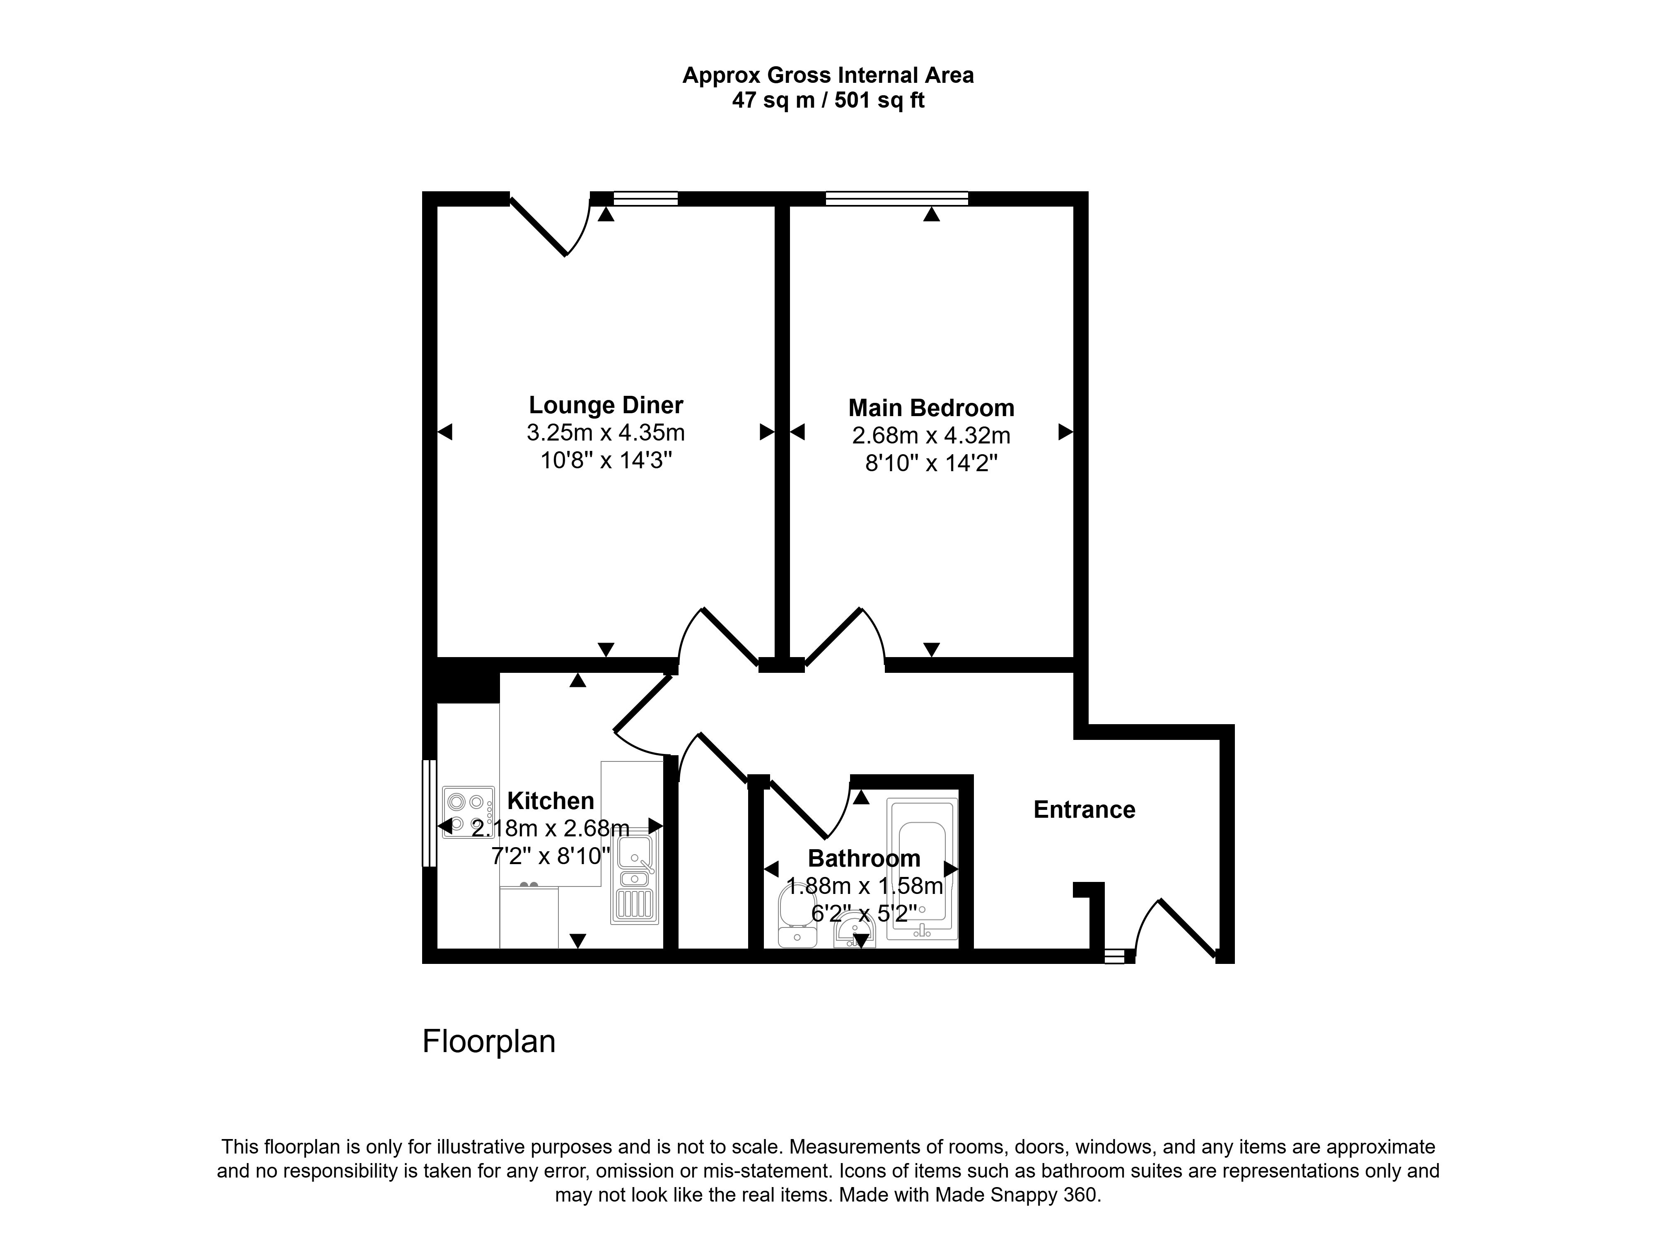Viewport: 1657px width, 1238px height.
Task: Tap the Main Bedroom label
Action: click(x=931, y=408)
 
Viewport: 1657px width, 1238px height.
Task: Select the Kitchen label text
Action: click(x=551, y=801)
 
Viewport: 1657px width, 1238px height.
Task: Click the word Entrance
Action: click(x=1084, y=809)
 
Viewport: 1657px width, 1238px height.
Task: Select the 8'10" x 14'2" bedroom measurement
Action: click(x=931, y=464)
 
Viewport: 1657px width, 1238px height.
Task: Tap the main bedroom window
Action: click(x=897, y=198)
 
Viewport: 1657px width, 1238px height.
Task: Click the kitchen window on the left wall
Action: click(x=429, y=813)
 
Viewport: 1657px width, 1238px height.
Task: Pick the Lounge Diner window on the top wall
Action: click(x=645, y=198)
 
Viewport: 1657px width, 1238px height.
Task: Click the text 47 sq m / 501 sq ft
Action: click(x=828, y=100)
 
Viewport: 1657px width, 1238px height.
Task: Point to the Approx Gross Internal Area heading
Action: click(x=828, y=76)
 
